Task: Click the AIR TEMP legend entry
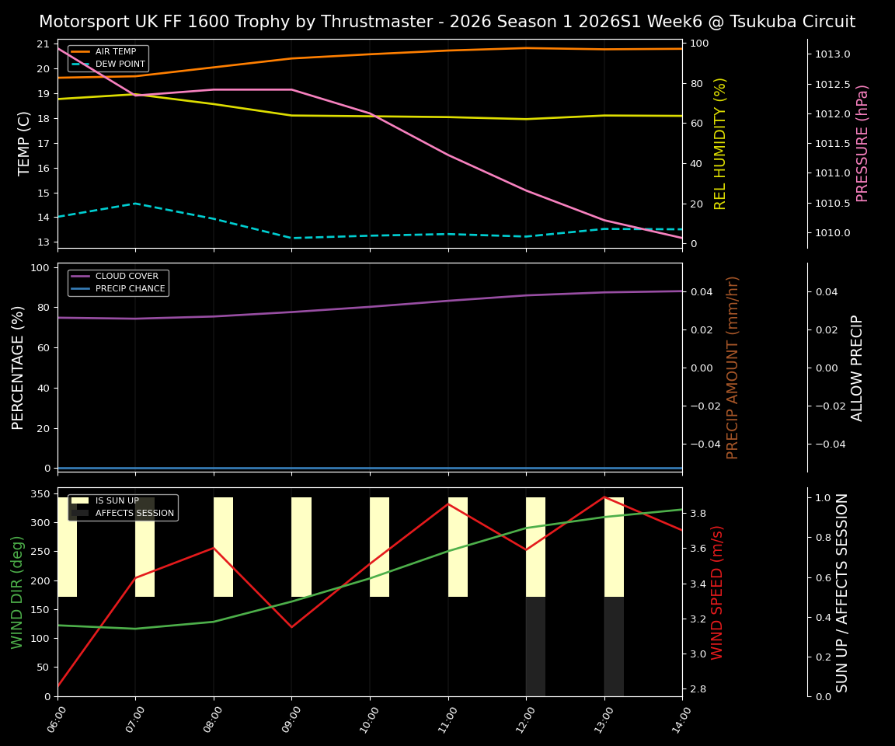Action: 115,52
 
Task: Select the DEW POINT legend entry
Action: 120,64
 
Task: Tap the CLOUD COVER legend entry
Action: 126,277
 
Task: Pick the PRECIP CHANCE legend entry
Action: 130,289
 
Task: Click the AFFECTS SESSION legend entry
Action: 134,513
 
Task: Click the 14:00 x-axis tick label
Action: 677,724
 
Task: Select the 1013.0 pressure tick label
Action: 832,54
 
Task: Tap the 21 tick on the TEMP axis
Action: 44,44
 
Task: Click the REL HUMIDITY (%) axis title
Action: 720,144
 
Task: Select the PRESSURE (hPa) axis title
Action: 862,144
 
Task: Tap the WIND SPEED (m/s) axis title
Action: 717,592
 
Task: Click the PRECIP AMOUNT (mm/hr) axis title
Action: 733,368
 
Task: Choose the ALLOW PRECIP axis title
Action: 857,368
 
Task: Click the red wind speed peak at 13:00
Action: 604,497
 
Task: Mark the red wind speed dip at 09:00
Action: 291,626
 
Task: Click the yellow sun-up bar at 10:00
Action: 379,547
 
